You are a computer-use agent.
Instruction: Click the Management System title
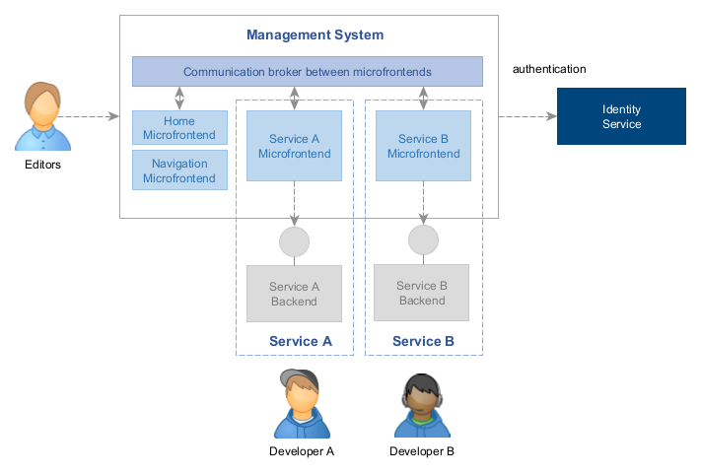315,35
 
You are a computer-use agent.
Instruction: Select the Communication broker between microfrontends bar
308,72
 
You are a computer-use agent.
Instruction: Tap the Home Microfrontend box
179,128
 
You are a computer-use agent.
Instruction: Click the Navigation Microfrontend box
179,170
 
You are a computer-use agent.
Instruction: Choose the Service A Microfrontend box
294,146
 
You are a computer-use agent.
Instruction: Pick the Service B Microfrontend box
423,146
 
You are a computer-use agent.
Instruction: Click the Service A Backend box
294,294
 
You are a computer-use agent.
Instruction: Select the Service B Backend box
422,293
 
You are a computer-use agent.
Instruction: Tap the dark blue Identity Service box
621,116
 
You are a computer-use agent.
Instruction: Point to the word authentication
549,69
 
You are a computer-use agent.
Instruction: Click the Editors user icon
42,117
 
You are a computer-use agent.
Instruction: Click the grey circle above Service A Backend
294,241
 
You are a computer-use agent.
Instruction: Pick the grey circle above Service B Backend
423,239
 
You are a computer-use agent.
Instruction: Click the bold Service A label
300,341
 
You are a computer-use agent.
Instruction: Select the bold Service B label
423,341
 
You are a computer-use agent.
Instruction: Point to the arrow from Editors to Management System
94,117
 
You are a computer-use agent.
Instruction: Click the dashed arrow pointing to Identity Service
527,117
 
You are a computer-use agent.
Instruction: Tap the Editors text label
42,165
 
